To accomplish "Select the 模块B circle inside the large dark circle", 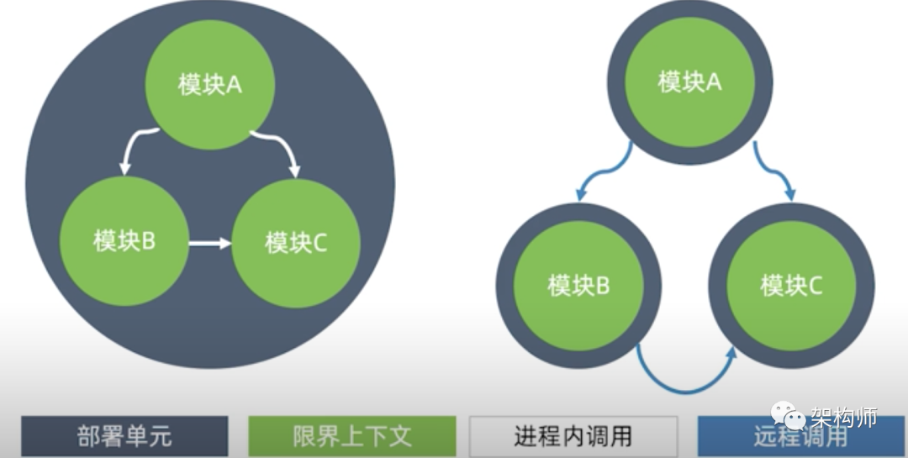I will (x=124, y=241).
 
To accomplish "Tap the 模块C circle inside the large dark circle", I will (x=295, y=243).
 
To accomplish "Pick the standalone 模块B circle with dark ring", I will (x=578, y=286).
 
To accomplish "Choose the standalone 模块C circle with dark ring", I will (x=791, y=286).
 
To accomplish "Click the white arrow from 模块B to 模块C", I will (x=209, y=244).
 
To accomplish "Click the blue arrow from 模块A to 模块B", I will (x=603, y=172).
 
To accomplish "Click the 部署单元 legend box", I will (x=124, y=436).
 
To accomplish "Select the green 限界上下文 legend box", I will (x=352, y=436).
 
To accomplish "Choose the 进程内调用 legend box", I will (x=573, y=436).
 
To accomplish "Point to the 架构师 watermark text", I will (x=844, y=417).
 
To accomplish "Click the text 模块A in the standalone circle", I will (x=689, y=82).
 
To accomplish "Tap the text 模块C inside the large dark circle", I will (x=295, y=243).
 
